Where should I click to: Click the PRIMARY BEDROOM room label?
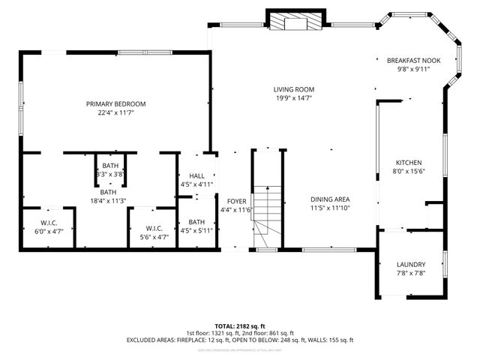coord(115,103)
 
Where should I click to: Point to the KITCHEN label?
coord(409,163)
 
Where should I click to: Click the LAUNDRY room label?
coord(411,265)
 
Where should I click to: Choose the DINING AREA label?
coord(330,199)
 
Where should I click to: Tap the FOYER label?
coord(237,201)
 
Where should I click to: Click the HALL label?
coord(196,175)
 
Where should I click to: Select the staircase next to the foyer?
coord(266,214)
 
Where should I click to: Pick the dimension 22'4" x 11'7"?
coord(115,112)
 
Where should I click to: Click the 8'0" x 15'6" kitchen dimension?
coord(409,172)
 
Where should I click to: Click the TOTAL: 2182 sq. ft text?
coord(239,326)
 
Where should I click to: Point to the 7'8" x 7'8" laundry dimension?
coord(411,274)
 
